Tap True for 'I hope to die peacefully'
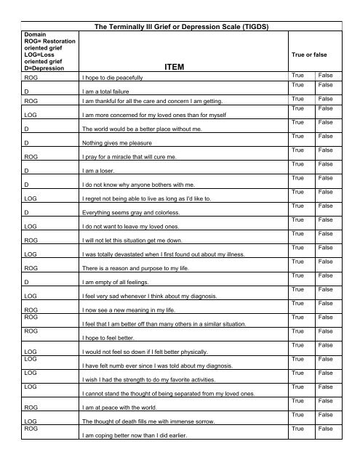click(x=297, y=75)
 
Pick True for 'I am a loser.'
click(x=297, y=164)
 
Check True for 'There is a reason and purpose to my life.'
click(x=297, y=261)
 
